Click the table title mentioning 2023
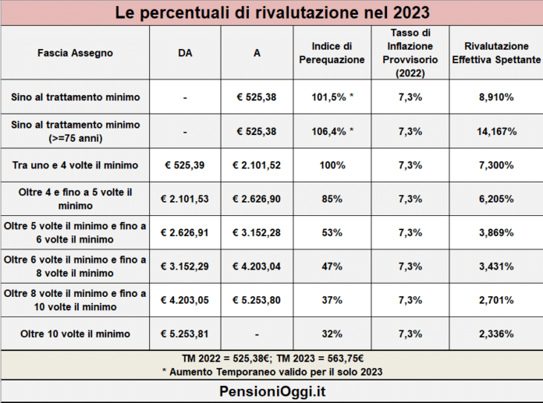coord(271,13)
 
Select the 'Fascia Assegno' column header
coord(75,53)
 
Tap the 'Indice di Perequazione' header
coord(332,53)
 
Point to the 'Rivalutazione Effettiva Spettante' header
coord(495,53)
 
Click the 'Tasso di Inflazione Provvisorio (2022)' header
coord(410,53)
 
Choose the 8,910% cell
coord(495,97)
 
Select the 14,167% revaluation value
coord(495,132)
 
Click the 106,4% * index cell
coord(332,132)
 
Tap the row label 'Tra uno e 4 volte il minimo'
coord(75,165)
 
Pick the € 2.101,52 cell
coord(257,165)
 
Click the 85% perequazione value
coord(332,199)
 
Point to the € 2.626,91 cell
coord(186,232)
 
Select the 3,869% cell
coord(495,232)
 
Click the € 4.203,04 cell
coord(257,266)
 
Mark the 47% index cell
coord(332,266)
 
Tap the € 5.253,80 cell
coord(257,299)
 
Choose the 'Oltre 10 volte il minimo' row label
coord(75,334)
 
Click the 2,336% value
coord(495,334)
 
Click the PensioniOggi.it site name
coord(271,391)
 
